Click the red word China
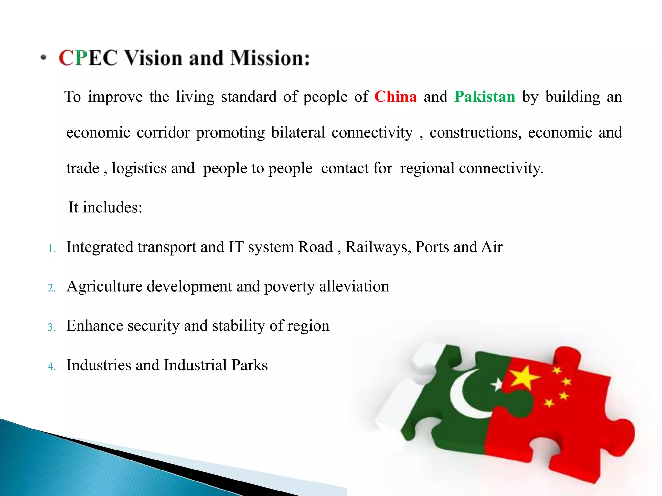click(396, 97)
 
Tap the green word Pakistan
click(485, 97)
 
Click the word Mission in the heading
click(270, 58)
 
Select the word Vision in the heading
click(154, 58)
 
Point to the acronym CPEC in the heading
click(88, 58)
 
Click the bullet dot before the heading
click(44, 58)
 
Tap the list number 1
click(51, 249)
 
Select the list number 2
click(51, 288)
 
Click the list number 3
click(51, 327)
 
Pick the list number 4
click(51, 367)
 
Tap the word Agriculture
click(104, 287)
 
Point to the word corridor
click(163, 133)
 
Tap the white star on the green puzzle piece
click(497, 385)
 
